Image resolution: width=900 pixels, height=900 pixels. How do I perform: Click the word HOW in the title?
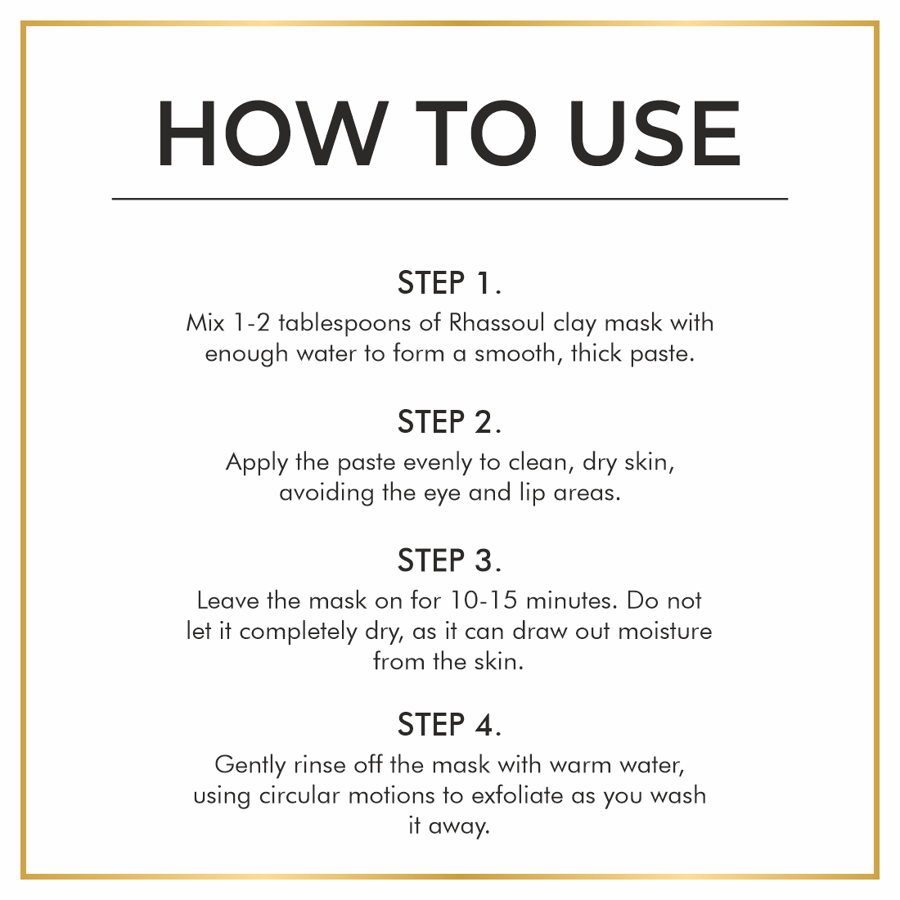click(x=272, y=133)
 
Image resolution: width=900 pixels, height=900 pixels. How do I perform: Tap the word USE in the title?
click(x=655, y=133)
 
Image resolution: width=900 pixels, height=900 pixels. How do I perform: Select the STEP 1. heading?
click(x=449, y=283)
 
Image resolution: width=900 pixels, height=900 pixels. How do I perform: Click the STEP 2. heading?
click(x=449, y=422)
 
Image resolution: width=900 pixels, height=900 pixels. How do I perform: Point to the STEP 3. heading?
click(x=449, y=560)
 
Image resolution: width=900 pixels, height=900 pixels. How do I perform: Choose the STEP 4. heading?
click(x=449, y=724)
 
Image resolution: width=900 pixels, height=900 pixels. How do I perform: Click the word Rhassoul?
click(x=497, y=322)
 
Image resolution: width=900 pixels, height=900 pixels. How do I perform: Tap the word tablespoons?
click(x=345, y=324)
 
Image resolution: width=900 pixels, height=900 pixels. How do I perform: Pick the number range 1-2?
click(x=251, y=322)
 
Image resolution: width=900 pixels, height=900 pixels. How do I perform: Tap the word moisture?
click(x=664, y=632)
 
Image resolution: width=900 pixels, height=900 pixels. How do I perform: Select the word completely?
click(x=298, y=632)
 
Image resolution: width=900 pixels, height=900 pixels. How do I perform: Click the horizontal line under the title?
click(x=450, y=199)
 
